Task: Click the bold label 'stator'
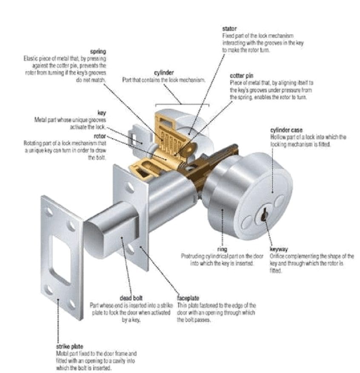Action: [x=229, y=29]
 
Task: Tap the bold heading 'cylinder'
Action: [x=164, y=73]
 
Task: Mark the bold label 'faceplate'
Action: [x=188, y=298]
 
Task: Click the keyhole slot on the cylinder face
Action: [x=264, y=213]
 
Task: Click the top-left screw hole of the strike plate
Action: [x=50, y=211]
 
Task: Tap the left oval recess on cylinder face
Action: [x=246, y=221]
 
